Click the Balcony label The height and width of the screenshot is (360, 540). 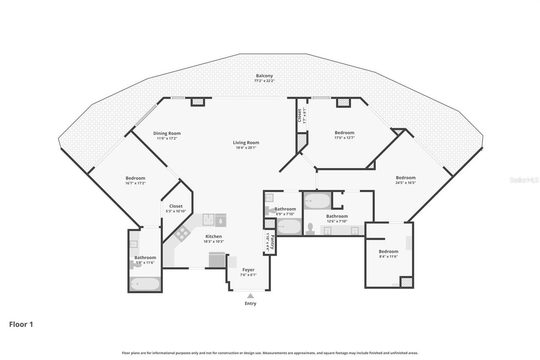coord(264,76)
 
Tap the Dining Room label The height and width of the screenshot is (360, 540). coord(167,133)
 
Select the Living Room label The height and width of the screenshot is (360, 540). coord(246,143)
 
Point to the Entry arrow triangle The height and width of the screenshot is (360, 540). coord(250,296)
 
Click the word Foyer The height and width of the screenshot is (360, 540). coord(248,270)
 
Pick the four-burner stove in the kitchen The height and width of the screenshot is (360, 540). coord(182,233)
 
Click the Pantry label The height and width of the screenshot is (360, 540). coord(273,242)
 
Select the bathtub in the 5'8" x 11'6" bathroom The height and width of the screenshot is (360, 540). coord(145,284)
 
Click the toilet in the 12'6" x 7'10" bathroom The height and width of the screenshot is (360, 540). coord(310,228)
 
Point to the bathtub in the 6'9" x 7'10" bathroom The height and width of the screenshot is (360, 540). coord(289,227)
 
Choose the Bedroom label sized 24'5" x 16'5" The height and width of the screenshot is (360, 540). coord(405,178)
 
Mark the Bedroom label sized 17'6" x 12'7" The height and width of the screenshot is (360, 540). coord(344,133)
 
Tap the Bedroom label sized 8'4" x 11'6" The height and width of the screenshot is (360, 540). coord(388,252)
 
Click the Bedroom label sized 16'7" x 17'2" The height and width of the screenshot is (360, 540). coord(135,178)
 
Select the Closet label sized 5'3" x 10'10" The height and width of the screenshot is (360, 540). coord(176,206)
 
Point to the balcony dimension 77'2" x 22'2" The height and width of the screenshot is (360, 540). coord(264,81)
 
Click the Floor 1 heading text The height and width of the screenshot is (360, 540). coord(21,324)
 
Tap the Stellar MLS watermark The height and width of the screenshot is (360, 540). coord(524,180)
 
